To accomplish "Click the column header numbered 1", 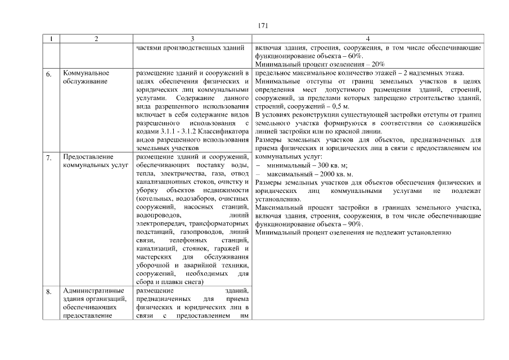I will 51,39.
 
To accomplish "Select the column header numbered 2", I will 96,39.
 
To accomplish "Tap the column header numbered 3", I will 192,39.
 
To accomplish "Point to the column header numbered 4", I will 368,39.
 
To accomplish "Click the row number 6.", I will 49,74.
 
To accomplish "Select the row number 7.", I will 49,157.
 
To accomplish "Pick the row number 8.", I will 49,291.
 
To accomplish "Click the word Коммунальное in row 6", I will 86,73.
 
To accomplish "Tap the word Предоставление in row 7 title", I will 89,156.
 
